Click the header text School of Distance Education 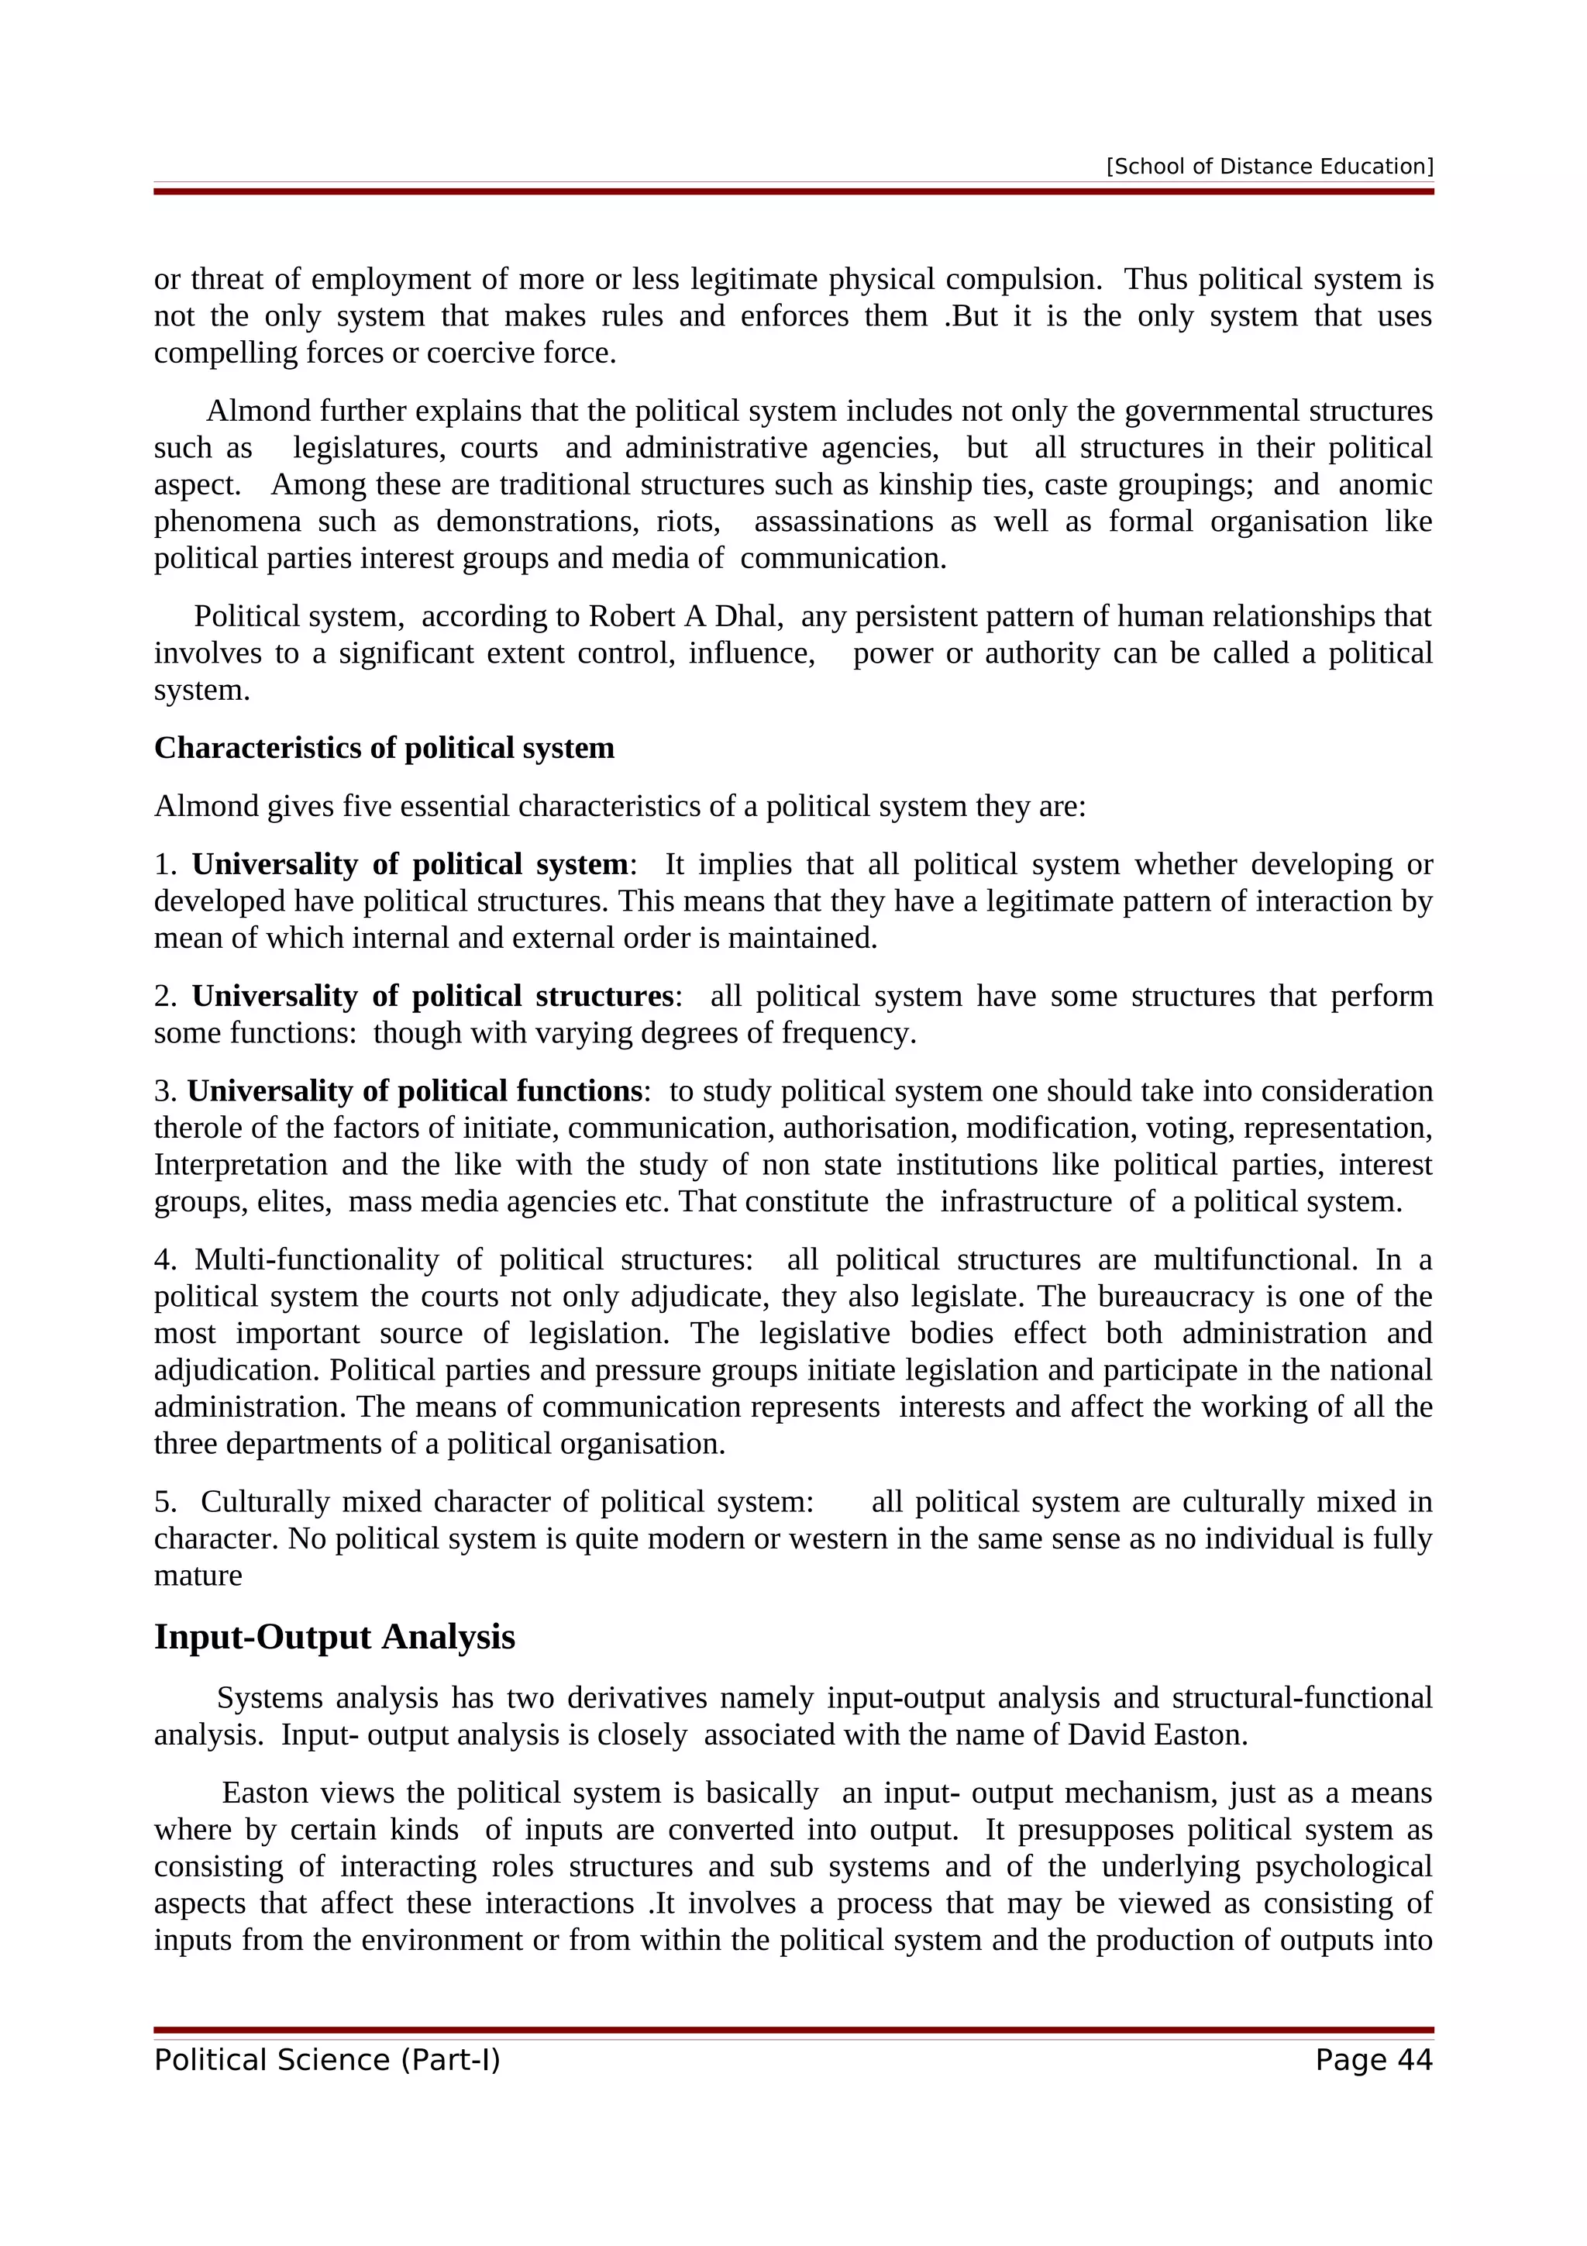coord(1269,167)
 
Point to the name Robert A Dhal coord(683,616)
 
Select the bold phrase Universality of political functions coord(414,1090)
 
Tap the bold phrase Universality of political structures coord(432,996)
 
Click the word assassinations coord(843,522)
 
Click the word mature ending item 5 coord(198,1576)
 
